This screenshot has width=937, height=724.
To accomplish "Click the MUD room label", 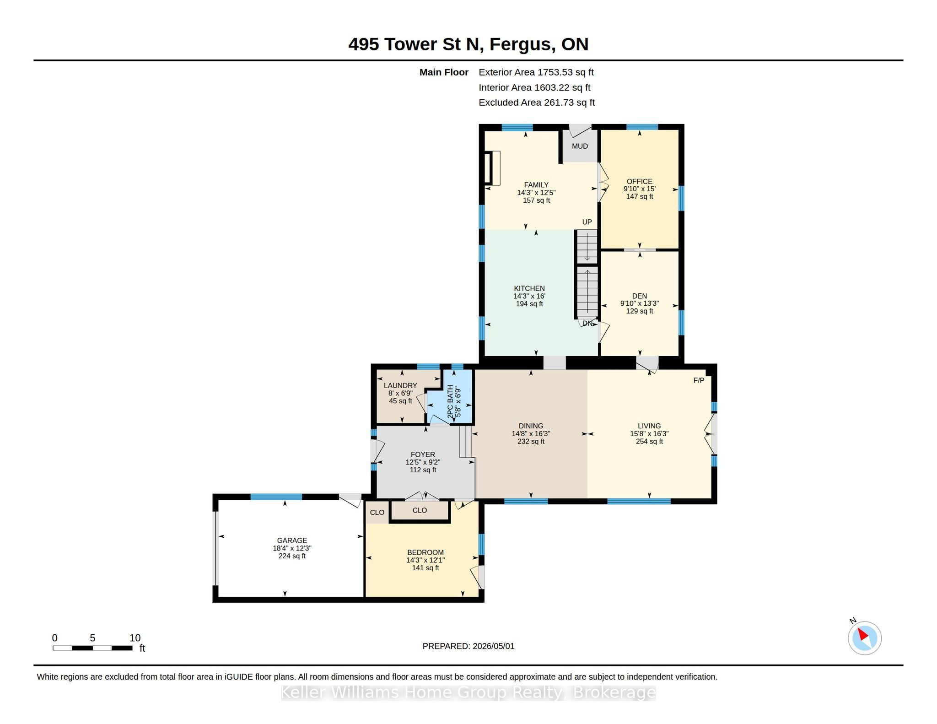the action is coord(580,146).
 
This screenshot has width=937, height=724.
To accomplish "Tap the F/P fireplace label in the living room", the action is coord(699,380).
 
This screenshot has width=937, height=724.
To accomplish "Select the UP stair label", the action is coord(587,222).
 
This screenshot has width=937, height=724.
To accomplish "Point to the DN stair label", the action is coord(587,323).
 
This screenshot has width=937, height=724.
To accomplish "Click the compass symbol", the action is coord(864,638).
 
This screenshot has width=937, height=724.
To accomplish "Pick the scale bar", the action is coord(92,648).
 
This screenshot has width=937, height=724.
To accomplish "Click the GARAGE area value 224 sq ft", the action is coord(292,556).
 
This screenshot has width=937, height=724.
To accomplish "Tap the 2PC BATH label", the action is coord(450,401).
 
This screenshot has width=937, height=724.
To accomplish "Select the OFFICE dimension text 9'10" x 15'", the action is coord(640,189).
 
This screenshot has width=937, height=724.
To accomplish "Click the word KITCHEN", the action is coord(529,288).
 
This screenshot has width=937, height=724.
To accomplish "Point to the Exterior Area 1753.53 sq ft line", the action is coord(536,72).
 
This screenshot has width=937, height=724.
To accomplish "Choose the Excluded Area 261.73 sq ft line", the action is coord(537,103).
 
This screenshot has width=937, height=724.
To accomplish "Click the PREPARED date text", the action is coord(468,646).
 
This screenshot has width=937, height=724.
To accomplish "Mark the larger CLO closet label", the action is coord(420,510).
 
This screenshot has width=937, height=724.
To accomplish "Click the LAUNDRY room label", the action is coord(400,385).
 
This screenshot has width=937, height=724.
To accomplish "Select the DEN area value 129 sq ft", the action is coord(640,311).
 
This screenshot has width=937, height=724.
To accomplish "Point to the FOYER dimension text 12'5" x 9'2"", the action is coord(423,462).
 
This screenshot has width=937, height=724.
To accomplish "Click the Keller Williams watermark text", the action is coord(468,692).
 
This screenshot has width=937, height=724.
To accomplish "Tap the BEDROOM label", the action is coord(425,552).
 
